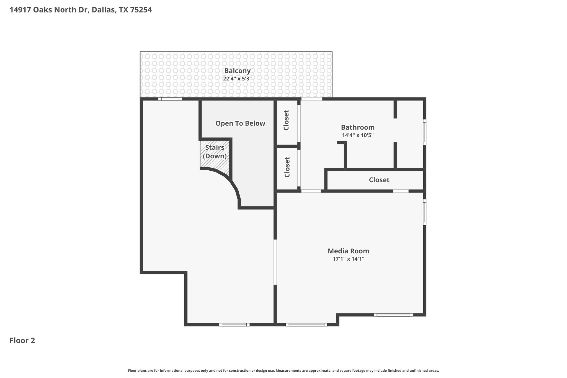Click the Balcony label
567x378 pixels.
pyautogui.click(x=237, y=71)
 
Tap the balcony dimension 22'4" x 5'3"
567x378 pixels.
pyautogui.click(x=237, y=79)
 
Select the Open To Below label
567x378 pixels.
pyautogui.click(x=240, y=124)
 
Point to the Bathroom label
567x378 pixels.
pyautogui.click(x=358, y=127)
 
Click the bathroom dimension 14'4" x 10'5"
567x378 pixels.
pyautogui.click(x=358, y=135)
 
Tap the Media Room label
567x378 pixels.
pyautogui.click(x=348, y=251)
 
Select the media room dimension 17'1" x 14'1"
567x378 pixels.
pyautogui.click(x=348, y=259)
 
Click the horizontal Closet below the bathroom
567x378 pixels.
pyautogui.click(x=379, y=180)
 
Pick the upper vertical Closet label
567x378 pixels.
pyautogui.click(x=286, y=120)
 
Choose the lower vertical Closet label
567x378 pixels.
pyautogui.click(x=287, y=167)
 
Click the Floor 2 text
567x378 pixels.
pyautogui.click(x=22, y=341)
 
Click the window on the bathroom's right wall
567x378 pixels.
pyautogui.click(x=425, y=132)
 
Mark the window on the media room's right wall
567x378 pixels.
pyautogui.click(x=425, y=212)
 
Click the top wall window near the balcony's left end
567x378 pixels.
pyautogui.click(x=170, y=99)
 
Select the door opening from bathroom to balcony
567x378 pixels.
pyautogui.click(x=312, y=99)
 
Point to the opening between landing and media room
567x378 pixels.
pyautogui.click(x=275, y=262)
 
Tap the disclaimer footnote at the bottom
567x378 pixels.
pyautogui.click(x=283, y=371)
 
